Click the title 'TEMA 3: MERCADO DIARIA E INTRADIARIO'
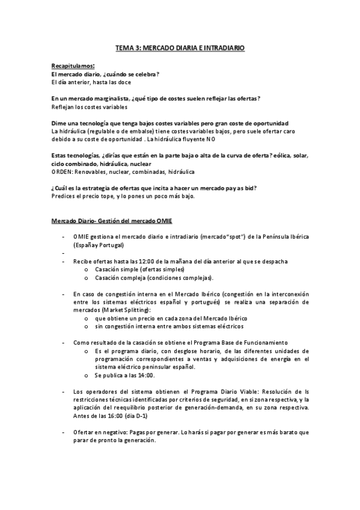tap(180, 47)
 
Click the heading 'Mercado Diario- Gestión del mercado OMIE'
tap(112, 222)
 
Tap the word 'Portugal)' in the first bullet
tap(111, 245)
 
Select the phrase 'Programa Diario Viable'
tap(221, 392)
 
